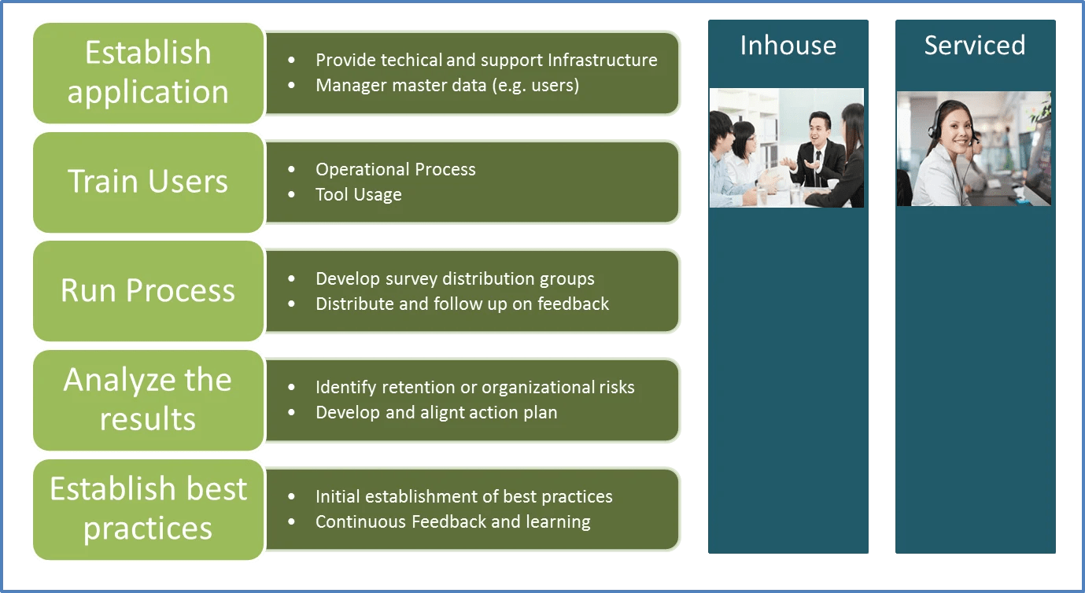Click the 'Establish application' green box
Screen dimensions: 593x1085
148,72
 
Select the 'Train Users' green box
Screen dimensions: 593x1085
148,182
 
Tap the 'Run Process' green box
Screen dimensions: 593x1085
148,290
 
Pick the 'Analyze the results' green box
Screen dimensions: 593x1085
148,400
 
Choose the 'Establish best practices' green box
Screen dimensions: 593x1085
148,509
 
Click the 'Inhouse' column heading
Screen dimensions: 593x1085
788,46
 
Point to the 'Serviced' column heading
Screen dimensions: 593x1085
974,46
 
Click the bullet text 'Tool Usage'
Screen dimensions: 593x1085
358,195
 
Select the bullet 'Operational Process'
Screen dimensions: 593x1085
395,170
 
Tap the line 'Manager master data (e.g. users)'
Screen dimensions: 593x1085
447,85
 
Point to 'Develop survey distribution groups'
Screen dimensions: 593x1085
455,279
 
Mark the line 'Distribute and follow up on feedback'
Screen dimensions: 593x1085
462,304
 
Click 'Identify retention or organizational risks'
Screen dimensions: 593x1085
474,388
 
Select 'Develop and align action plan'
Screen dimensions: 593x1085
436,413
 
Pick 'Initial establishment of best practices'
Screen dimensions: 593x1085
463,497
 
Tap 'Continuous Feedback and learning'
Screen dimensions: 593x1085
452,521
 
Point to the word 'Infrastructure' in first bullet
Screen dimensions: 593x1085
602,61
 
